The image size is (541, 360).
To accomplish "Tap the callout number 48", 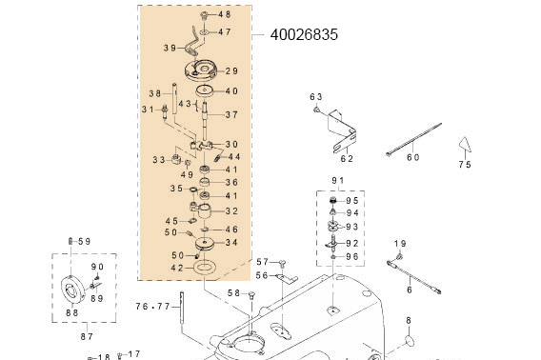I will (x=225, y=14).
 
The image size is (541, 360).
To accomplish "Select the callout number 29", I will (x=231, y=71).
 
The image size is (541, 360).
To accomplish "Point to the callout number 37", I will (x=231, y=114).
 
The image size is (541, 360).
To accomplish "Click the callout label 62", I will (x=347, y=159).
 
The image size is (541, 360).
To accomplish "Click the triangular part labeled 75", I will (x=465, y=144).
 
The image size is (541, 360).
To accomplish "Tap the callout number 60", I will (x=412, y=158).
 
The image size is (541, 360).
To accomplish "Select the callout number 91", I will (x=338, y=181).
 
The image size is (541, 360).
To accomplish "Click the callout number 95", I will (x=352, y=201).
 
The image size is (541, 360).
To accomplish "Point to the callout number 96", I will (x=352, y=256).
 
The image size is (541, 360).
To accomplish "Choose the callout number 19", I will (x=400, y=244).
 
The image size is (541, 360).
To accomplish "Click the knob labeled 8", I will (x=411, y=339).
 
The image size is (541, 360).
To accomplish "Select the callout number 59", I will (x=84, y=241).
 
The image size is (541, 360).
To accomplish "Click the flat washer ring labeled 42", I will (x=205, y=269).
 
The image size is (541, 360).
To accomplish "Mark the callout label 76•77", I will (x=152, y=307).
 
